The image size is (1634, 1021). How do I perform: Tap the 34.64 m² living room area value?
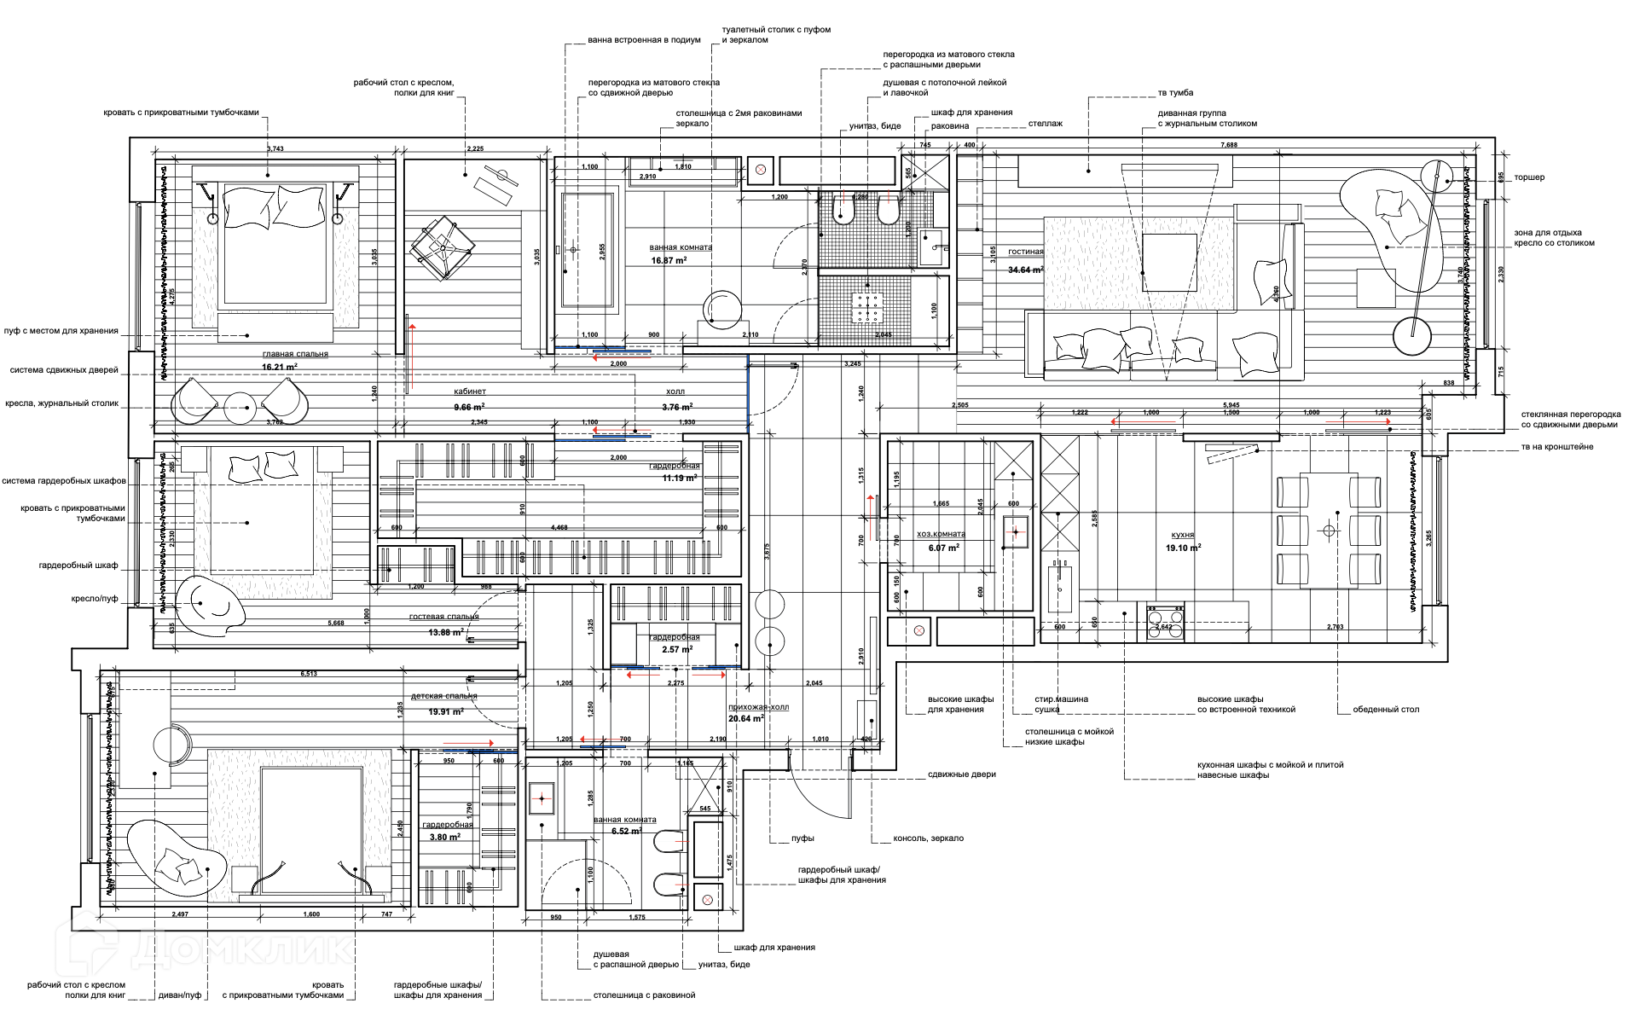click(x=1025, y=270)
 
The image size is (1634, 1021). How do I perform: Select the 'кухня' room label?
click(x=1181, y=535)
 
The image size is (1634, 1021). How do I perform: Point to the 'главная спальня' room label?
click(x=295, y=354)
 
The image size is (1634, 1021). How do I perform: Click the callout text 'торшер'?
click(x=1529, y=177)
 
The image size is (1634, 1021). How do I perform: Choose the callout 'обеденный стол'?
click(x=1386, y=710)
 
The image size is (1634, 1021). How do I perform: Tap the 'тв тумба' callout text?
click(x=1175, y=93)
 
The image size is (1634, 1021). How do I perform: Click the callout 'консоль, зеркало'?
click(x=928, y=838)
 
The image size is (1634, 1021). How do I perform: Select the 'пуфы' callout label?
click(x=802, y=838)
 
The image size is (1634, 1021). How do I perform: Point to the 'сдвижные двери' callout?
click(x=961, y=774)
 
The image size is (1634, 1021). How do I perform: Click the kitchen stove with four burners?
click(x=1165, y=615)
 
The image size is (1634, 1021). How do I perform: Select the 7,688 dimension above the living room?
click(x=1228, y=145)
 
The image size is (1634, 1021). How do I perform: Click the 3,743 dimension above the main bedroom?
click(x=275, y=148)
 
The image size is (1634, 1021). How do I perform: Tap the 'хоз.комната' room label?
click(x=941, y=534)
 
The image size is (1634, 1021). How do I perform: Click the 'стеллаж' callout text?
click(x=1045, y=124)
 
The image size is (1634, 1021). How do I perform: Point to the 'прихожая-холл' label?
click(x=758, y=707)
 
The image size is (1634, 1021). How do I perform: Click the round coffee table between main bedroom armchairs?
click(x=240, y=408)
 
